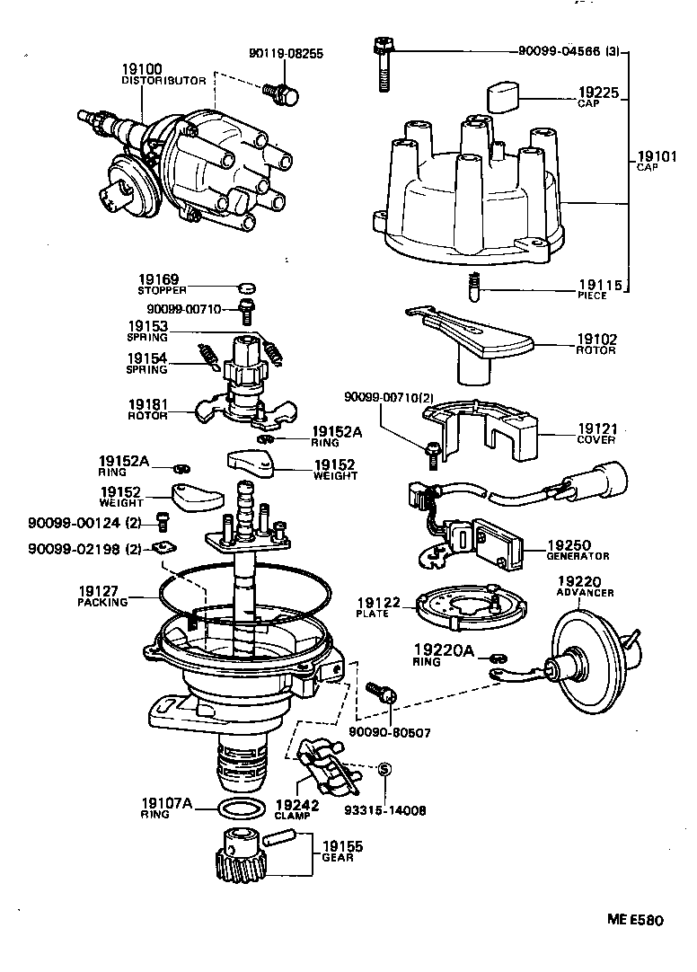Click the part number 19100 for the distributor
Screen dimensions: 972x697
click(x=142, y=69)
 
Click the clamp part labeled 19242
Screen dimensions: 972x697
click(x=323, y=765)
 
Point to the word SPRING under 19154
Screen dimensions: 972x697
click(x=146, y=369)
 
